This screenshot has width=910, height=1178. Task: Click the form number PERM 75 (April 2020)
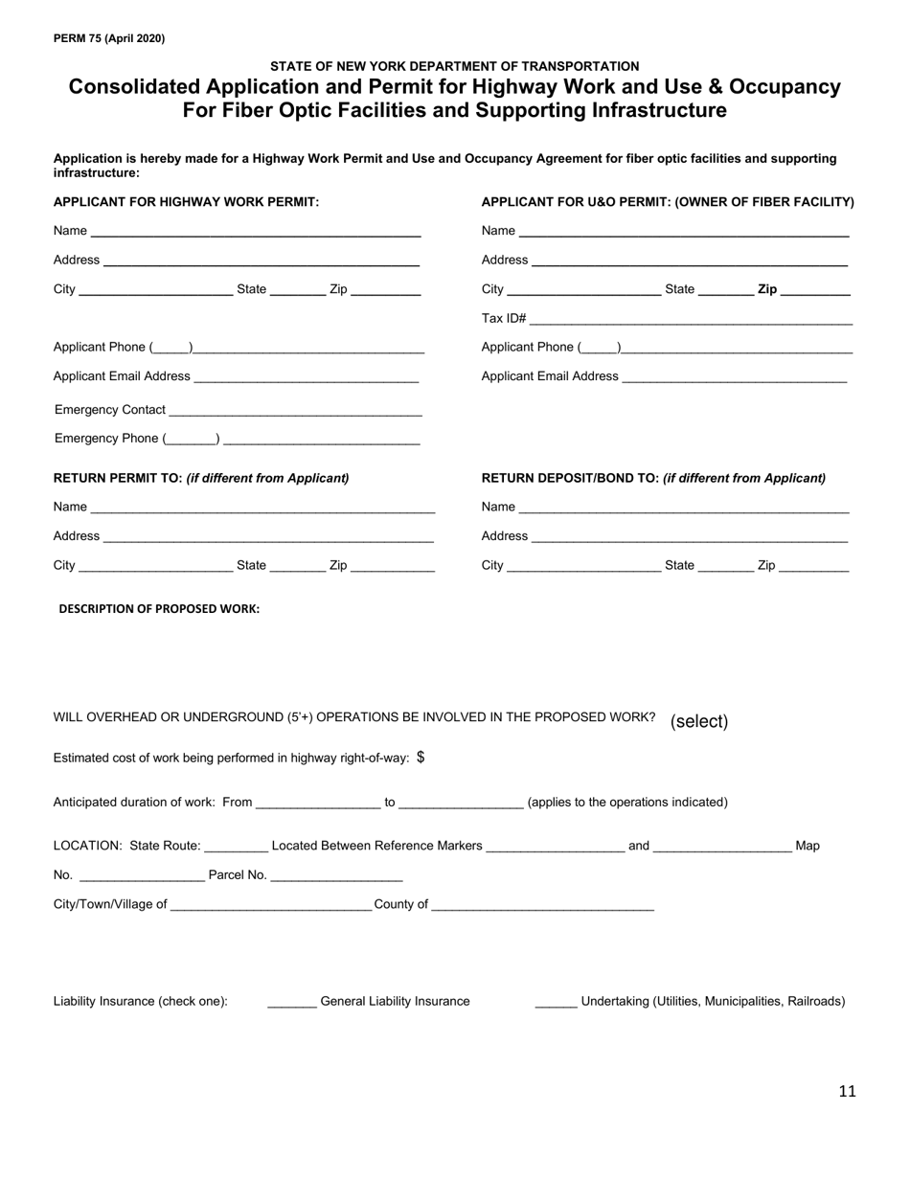click(x=109, y=38)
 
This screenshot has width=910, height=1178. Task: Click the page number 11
click(x=847, y=1091)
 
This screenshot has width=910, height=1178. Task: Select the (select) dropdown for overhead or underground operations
click(x=699, y=721)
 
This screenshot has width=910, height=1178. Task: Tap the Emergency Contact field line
click(x=294, y=411)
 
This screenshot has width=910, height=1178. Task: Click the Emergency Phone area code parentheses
click(x=192, y=440)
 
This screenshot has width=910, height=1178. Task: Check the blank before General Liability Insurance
click(x=291, y=1002)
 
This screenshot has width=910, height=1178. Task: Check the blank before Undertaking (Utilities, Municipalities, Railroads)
click(x=556, y=1002)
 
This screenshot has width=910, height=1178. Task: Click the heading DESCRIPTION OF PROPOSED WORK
click(x=159, y=608)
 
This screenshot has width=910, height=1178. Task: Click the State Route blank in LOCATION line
click(x=236, y=847)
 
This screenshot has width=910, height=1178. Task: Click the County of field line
click(x=542, y=905)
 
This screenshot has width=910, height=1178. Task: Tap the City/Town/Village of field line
click(x=271, y=905)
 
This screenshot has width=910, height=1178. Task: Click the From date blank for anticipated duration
click(x=318, y=804)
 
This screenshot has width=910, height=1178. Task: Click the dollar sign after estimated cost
click(x=421, y=758)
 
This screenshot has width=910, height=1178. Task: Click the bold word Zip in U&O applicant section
click(x=767, y=289)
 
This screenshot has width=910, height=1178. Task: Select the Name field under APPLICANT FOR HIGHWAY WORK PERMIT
click(x=256, y=232)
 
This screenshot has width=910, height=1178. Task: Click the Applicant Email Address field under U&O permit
click(x=734, y=377)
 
